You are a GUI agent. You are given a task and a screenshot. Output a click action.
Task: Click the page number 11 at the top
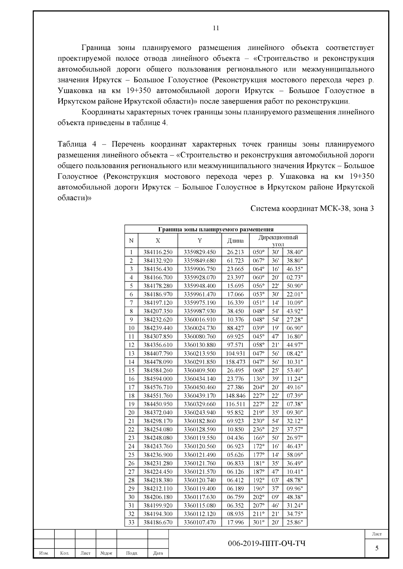point(216,28)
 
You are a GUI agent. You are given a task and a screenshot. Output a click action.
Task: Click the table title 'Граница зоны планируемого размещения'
point(216,229)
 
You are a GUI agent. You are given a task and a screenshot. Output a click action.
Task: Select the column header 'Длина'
point(235,241)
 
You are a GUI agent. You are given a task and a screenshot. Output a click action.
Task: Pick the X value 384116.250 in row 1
point(158,252)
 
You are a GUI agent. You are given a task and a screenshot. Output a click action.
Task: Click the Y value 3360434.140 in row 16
point(200,379)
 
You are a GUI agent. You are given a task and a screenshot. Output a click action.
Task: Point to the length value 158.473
point(235,362)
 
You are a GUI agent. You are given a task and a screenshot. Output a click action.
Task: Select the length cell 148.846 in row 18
point(235,396)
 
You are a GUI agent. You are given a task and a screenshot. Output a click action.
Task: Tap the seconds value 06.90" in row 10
point(295,328)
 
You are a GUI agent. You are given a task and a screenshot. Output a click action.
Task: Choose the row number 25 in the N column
point(131,455)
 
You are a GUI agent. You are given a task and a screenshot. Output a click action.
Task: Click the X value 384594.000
point(158,379)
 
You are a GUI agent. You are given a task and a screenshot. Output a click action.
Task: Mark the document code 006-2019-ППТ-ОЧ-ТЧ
point(267,544)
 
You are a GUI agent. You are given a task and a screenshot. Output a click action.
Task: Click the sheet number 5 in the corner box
point(376,548)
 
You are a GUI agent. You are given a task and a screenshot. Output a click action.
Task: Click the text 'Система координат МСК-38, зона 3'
point(312,209)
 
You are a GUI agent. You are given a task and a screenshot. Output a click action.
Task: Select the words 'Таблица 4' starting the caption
point(77,144)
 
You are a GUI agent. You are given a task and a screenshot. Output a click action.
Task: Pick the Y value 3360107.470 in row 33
point(200,522)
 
